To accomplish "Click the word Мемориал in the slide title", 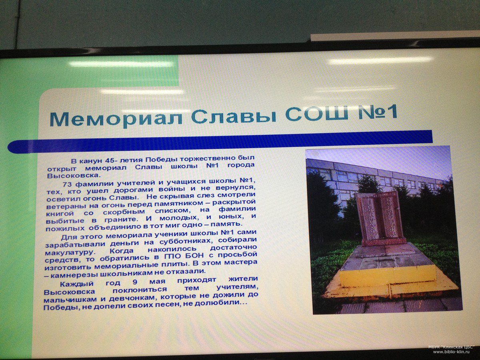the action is pyautogui.click(x=116, y=119).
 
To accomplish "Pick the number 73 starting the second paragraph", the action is pyautogui.click(x=67, y=184).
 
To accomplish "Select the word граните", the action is pyautogui.click(x=118, y=219).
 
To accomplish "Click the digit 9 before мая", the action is pyautogui.click(x=135, y=282).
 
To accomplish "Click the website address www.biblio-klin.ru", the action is pyautogui.click(x=451, y=352).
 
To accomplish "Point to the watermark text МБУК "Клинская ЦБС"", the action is pyautogui.click(x=451, y=347).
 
